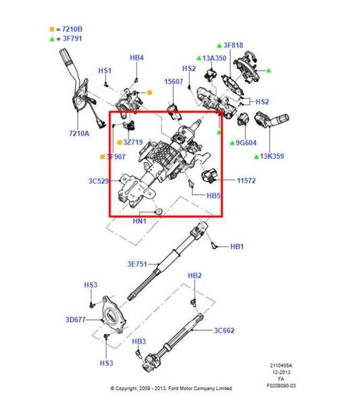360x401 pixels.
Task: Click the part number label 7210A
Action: point(78,134)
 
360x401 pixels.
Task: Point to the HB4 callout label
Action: point(136,58)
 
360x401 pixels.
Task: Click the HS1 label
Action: point(105,70)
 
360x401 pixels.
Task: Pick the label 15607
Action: point(174,82)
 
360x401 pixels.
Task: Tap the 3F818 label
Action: point(234,46)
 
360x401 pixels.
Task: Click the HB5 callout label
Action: point(213,196)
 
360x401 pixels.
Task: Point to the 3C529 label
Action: point(99,182)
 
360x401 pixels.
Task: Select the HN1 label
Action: point(140,222)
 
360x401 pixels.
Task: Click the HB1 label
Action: point(236,247)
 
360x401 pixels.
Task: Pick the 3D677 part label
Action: point(75,319)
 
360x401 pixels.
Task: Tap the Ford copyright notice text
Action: point(171,389)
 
